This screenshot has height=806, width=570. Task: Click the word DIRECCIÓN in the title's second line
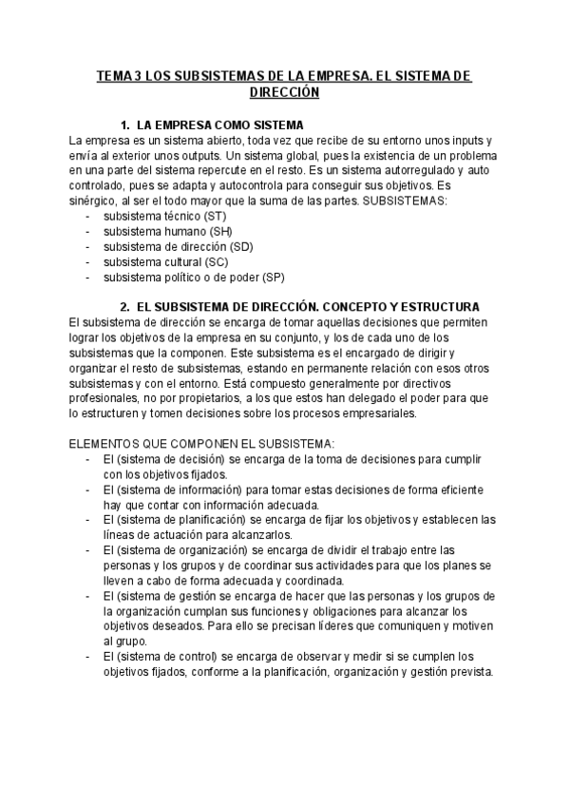(x=284, y=93)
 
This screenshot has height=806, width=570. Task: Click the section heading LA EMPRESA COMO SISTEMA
(x=220, y=125)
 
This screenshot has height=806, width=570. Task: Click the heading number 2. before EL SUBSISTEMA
(x=124, y=307)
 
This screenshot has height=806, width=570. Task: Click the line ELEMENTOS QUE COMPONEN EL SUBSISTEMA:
(x=201, y=443)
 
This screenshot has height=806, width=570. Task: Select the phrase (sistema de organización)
(x=182, y=549)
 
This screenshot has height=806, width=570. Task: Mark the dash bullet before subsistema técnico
(x=87, y=217)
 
